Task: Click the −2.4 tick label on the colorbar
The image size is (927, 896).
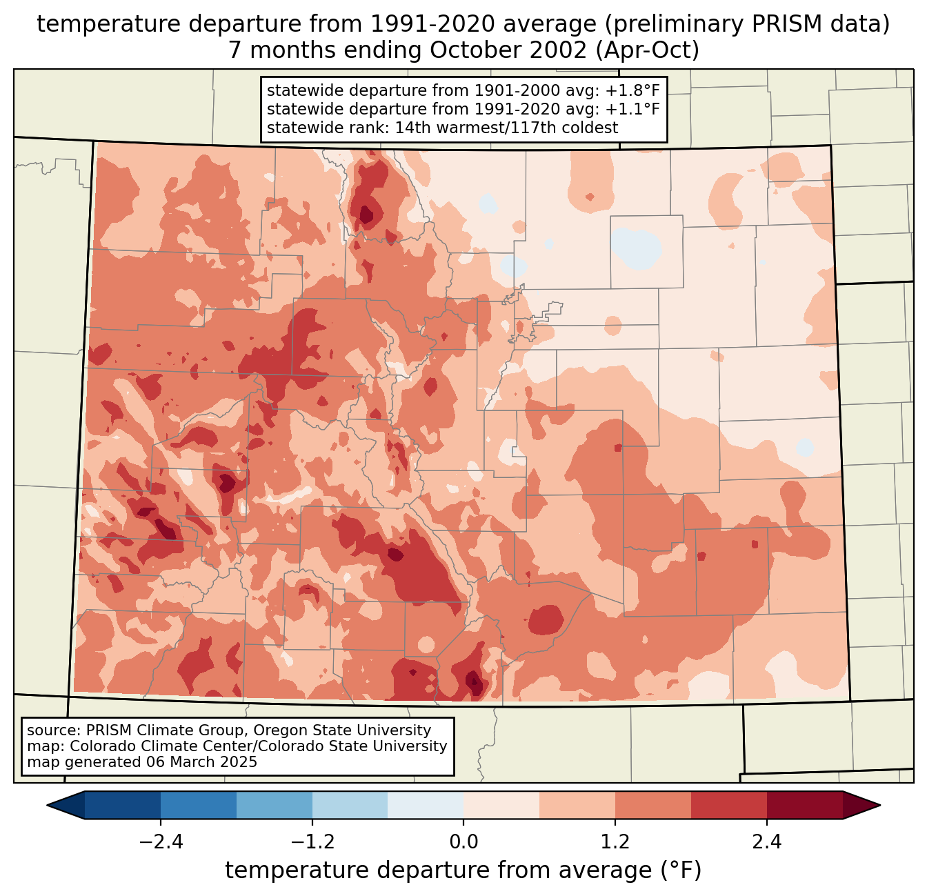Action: (x=161, y=842)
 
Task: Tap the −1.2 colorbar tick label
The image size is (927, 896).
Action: (x=312, y=842)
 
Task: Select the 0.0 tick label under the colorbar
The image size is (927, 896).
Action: (x=464, y=842)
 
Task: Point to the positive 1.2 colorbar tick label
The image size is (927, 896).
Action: (x=615, y=842)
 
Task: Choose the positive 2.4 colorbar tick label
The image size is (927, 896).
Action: (x=767, y=842)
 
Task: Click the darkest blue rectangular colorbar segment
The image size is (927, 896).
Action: (x=123, y=805)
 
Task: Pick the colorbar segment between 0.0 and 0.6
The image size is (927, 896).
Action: (x=501, y=805)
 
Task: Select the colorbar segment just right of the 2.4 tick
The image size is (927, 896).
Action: (x=804, y=805)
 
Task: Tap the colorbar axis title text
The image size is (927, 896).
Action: (x=464, y=871)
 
